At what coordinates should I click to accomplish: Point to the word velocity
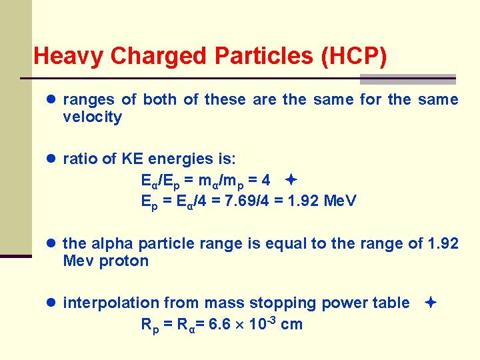click(x=92, y=117)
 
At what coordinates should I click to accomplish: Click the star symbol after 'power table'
click(x=431, y=303)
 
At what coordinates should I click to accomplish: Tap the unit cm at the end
click(x=292, y=325)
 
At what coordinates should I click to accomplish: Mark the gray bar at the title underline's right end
click(x=407, y=79)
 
